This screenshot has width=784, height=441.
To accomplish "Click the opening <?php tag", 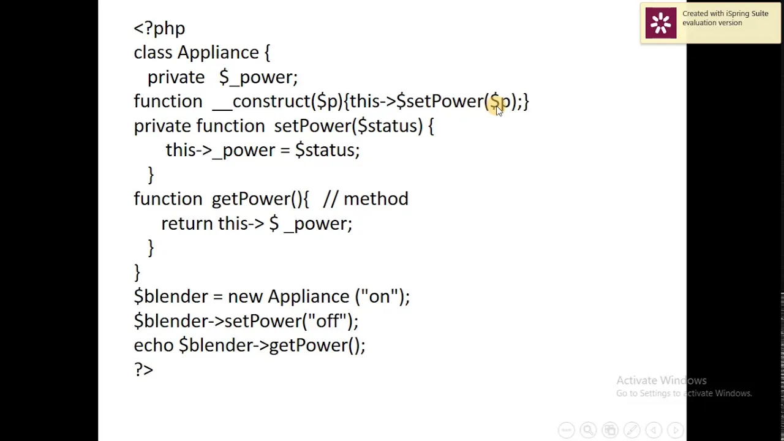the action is [159, 29].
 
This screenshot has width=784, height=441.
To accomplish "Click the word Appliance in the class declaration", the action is [218, 53].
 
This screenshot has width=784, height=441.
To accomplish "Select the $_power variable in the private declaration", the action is [258, 77].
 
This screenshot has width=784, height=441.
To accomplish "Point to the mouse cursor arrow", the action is [499, 111].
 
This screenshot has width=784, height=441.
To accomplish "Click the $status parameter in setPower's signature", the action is [388, 126].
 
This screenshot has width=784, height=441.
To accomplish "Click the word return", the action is [187, 224].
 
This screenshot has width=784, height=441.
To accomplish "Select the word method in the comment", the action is [376, 199].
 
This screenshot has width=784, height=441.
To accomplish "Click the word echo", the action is [154, 345].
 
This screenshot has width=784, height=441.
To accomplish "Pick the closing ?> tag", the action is [143, 369].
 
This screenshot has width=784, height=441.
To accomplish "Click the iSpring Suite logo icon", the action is [661, 23].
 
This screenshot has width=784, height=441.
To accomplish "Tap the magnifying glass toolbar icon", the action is [588, 429].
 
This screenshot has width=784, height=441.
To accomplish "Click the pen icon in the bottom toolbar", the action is [631, 429].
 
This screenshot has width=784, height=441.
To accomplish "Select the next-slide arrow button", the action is [676, 429].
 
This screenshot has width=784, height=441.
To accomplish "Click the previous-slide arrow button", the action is [654, 429].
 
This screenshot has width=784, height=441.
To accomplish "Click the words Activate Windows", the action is [661, 380].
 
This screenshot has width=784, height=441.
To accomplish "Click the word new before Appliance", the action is [245, 297].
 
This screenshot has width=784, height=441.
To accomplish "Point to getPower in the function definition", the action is [251, 199].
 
